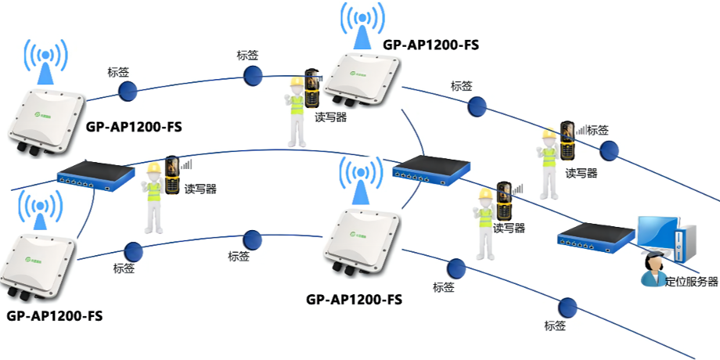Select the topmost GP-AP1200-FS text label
[x=430, y=45]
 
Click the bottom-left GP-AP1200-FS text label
[x=54, y=316]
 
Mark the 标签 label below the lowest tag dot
[x=555, y=326]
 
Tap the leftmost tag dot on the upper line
[x=128, y=91]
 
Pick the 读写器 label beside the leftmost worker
[x=200, y=189]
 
